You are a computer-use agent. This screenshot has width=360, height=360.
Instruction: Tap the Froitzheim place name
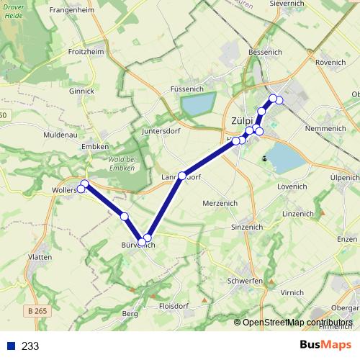point(86,52)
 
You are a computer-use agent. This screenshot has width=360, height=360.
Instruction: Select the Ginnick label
point(81,91)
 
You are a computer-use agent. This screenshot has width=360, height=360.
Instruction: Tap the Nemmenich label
point(325,128)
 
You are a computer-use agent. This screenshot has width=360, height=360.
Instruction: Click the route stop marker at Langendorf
point(182,176)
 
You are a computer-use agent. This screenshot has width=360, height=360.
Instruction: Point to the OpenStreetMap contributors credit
point(297,322)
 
